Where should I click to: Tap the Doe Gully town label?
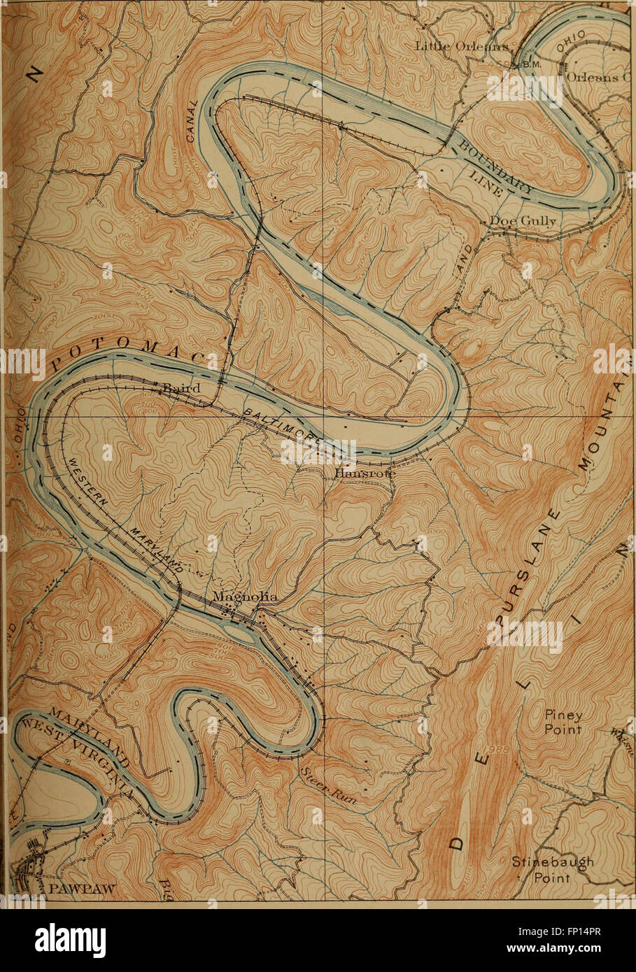pos(522,222)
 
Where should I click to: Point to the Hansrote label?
pos(365,473)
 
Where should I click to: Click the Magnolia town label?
pos(245,597)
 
